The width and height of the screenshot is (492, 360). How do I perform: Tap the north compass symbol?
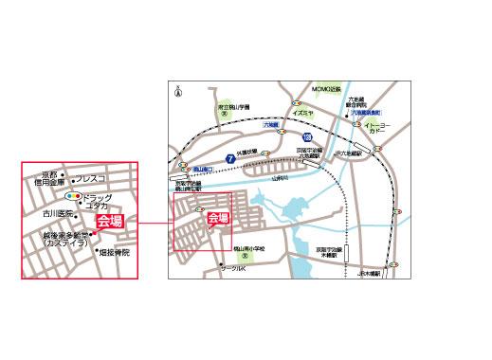click(x=178, y=91)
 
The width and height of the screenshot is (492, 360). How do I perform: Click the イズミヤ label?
click(x=303, y=111)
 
